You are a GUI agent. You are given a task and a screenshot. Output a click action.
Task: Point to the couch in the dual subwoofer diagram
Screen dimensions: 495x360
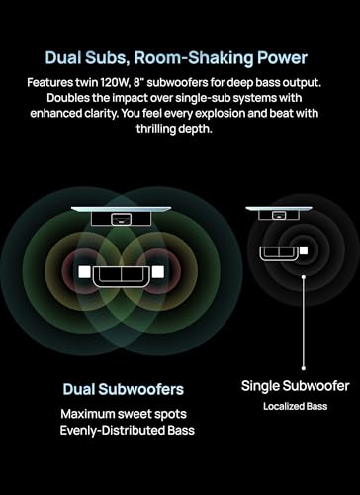pyautogui.click(x=121, y=278)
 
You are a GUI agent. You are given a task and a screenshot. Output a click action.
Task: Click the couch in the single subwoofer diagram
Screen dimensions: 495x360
pyautogui.click(x=276, y=253)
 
